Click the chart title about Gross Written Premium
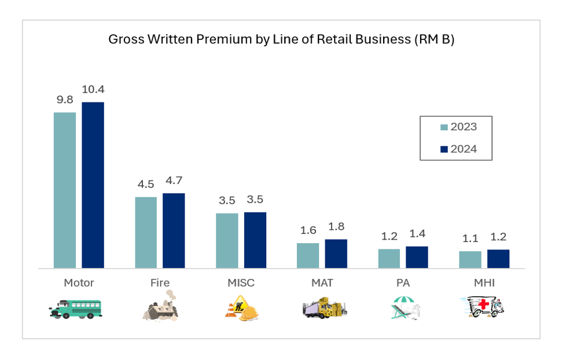(282, 40)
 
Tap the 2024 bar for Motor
(93, 185)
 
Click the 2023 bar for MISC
(227, 240)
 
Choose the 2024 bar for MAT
(336, 254)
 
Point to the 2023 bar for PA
(389, 258)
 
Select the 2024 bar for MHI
(498, 259)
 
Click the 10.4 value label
(93, 90)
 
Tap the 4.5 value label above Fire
(146, 185)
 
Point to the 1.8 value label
(336, 227)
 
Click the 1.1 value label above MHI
(470, 238)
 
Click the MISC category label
(241, 283)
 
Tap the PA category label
(403, 283)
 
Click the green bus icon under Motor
(76, 308)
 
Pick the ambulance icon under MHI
(485, 307)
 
